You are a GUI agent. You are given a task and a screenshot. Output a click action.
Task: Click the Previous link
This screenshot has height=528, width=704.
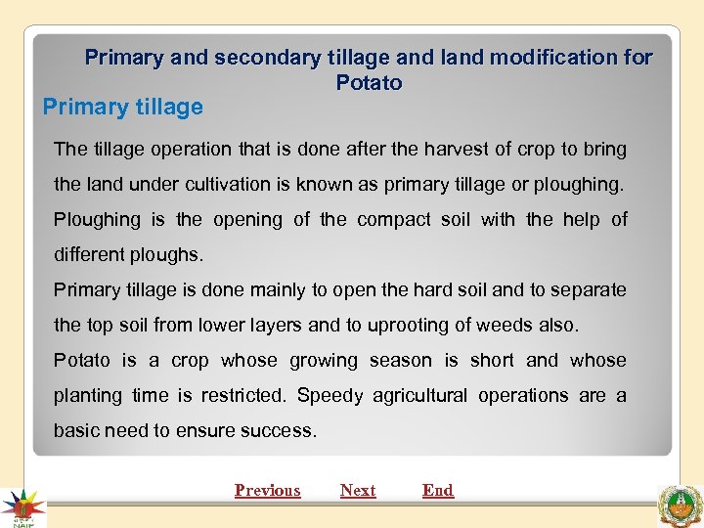click(x=267, y=491)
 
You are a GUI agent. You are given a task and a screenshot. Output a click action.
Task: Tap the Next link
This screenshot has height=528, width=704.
click(x=358, y=491)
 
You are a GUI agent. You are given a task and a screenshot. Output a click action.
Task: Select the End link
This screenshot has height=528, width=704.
click(x=438, y=491)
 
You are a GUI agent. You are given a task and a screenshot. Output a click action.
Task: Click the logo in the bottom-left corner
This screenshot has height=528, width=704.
click(x=22, y=506)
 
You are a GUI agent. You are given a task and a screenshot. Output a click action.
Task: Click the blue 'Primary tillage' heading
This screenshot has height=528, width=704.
click(x=123, y=108)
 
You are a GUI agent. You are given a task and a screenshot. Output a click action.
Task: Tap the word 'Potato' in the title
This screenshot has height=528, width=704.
click(x=369, y=83)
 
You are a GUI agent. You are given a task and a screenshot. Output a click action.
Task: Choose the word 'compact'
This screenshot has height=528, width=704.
click(x=395, y=220)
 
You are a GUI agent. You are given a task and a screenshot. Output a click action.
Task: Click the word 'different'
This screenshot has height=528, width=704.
click(x=90, y=255)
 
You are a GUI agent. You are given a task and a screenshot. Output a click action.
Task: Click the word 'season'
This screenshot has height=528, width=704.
click(x=400, y=361)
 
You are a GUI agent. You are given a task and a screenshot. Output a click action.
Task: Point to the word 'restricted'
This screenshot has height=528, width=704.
click(x=238, y=396)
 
